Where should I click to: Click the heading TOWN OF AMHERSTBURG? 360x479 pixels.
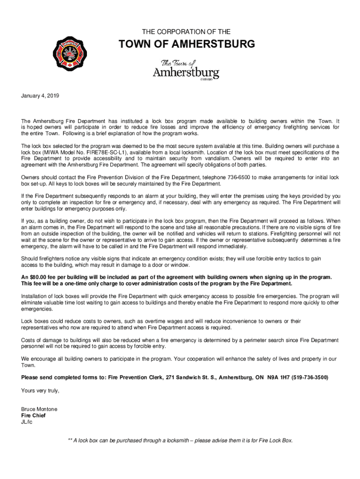187,44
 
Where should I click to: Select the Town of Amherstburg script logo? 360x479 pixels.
186,71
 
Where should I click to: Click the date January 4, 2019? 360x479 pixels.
41,96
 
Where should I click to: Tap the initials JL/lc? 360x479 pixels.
27,421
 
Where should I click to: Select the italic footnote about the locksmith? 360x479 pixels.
180,441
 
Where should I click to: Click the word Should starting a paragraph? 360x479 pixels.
31,259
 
